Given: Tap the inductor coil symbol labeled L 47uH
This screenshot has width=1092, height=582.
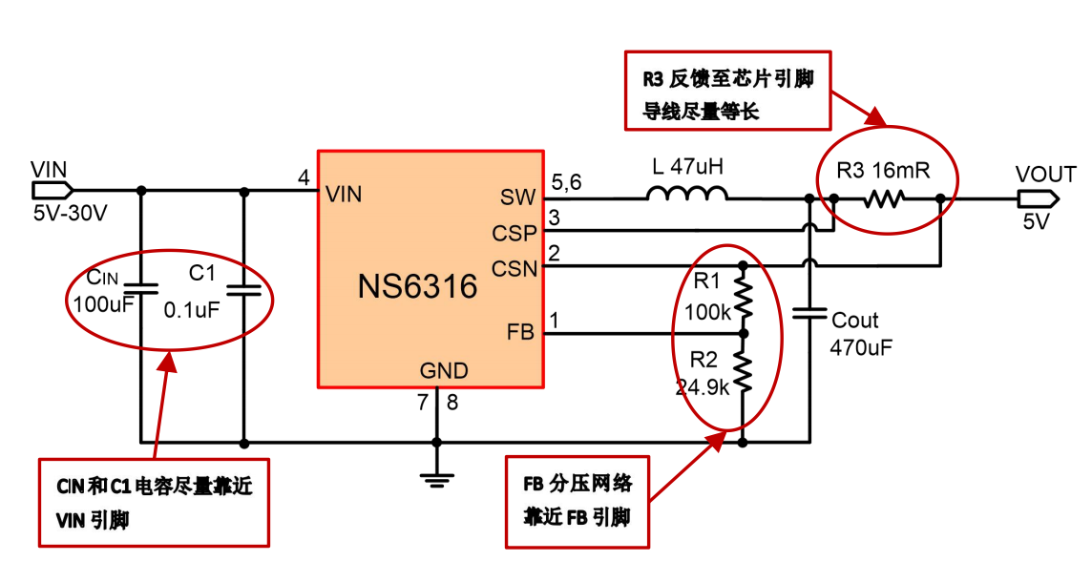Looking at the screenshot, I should click(686, 195).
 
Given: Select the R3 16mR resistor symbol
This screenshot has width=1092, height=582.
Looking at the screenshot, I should click(884, 199).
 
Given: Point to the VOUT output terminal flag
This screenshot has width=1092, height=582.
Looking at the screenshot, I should click(1036, 198).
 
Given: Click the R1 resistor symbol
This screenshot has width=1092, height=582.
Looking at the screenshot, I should click(743, 299).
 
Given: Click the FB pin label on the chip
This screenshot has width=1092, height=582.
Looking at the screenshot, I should click(521, 333).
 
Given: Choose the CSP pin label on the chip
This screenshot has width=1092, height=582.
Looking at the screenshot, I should click(514, 233).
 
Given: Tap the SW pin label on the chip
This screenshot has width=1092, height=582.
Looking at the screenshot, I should click(518, 197).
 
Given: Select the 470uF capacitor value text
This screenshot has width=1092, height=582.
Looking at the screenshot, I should click(862, 347).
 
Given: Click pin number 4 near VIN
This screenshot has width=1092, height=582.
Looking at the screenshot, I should click(304, 178).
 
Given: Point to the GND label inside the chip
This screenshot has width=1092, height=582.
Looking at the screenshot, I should click(444, 370).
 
